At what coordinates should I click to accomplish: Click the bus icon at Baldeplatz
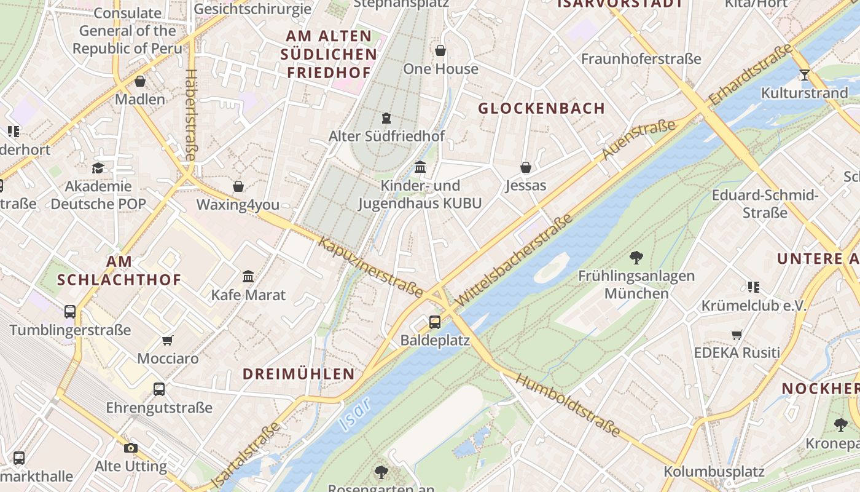tap(435, 322)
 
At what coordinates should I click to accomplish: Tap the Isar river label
tap(355, 413)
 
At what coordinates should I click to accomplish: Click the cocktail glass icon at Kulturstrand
tap(804, 75)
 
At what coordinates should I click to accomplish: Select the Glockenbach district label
tap(542, 109)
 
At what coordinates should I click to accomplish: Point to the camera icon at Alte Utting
tap(130, 448)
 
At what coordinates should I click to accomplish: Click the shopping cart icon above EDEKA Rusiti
tap(737, 335)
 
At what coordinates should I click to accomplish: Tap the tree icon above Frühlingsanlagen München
tap(636, 258)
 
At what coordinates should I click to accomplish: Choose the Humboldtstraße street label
tap(568, 405)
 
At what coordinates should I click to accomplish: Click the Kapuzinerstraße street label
tap(370, 266)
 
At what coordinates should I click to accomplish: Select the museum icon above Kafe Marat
tap(248, 277)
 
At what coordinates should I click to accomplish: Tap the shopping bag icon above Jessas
tap(526, 167)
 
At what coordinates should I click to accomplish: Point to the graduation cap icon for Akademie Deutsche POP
tap(98, 168)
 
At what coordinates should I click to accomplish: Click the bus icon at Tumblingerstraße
tap(70, 312)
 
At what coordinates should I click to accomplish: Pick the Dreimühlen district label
tap(299, 374)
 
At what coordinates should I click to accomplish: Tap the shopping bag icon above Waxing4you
tap(238, 186)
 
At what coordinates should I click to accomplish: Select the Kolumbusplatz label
tap(714, 472)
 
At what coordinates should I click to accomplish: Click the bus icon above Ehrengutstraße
tap(159, 389)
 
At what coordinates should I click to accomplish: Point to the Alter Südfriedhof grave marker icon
tap(386, 117)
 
